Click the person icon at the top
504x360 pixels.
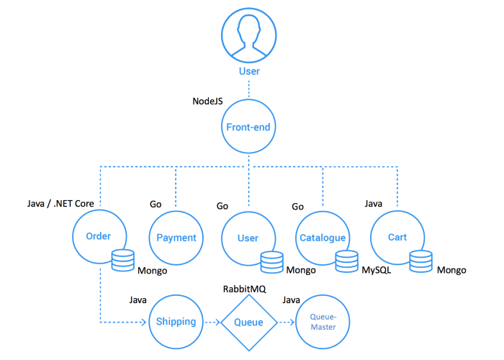248,34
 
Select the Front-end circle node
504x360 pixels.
248,127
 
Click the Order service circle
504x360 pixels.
98,237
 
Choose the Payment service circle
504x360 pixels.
176,238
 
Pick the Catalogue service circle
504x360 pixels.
321,238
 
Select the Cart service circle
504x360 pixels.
396,238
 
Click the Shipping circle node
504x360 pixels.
176,321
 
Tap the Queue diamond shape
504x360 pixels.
248,321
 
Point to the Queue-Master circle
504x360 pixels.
323,321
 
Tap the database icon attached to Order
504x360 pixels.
123,259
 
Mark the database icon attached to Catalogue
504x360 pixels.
346,261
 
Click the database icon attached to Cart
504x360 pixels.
421,261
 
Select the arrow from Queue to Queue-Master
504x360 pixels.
287,321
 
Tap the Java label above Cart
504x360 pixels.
373,204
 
